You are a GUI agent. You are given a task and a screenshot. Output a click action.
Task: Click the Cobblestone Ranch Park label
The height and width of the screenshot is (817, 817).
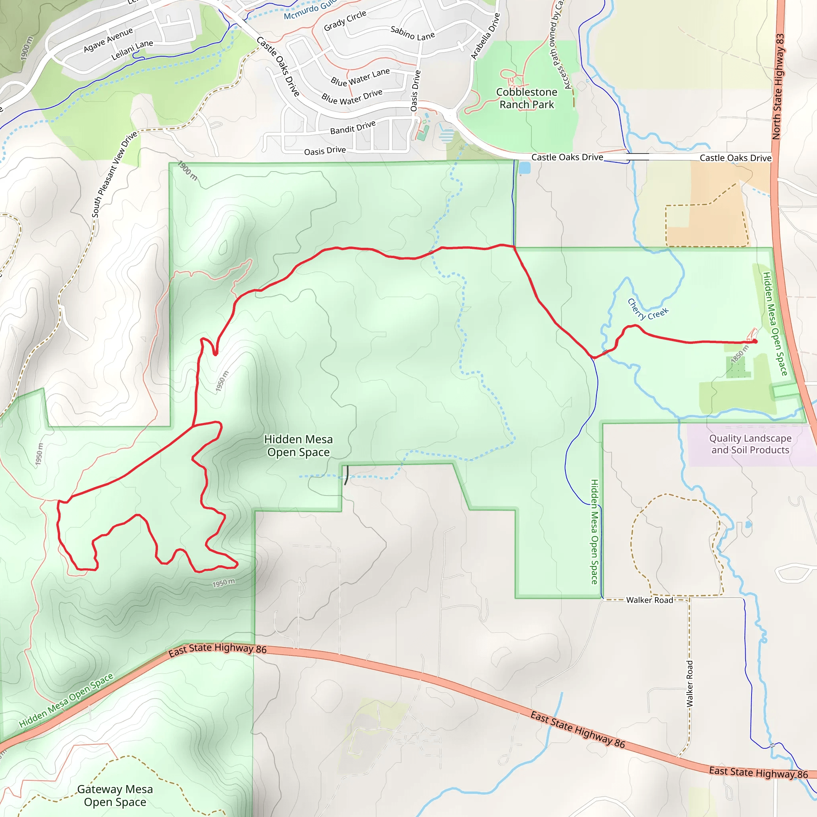527,98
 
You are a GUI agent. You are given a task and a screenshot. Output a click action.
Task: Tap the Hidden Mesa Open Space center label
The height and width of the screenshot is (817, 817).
298,446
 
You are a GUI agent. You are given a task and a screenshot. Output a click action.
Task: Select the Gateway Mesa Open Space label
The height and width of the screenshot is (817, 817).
115,795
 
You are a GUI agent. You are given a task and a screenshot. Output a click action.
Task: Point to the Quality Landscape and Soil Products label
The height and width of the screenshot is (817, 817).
750,444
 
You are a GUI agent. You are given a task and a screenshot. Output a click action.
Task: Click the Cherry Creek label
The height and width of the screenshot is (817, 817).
647,309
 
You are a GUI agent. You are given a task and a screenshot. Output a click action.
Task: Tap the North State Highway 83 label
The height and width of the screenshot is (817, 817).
778,86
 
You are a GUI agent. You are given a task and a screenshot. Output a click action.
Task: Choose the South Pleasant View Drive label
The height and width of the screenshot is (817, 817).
114,174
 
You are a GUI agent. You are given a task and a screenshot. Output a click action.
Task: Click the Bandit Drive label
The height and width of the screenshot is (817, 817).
353,127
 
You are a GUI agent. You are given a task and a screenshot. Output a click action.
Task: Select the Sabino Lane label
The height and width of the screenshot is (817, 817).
412,33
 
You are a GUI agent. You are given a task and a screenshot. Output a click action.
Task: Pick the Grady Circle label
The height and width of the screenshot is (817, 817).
345,21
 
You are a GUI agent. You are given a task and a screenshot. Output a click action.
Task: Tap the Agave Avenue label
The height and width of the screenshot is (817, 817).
108,40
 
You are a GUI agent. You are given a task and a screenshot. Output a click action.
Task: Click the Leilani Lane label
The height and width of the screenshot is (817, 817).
132,50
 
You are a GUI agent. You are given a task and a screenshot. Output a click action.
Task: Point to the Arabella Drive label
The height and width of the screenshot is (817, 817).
485,36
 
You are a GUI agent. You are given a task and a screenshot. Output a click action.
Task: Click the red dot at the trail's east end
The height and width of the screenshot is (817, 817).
755,341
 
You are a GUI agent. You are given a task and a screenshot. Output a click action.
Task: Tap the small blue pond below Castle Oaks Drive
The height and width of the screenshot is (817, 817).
524,168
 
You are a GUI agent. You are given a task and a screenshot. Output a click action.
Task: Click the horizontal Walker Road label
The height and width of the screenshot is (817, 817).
649,600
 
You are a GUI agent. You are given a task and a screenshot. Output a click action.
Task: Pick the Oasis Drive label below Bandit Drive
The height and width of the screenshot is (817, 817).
325,150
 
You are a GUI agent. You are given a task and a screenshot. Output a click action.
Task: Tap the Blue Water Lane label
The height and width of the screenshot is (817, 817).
360,77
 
